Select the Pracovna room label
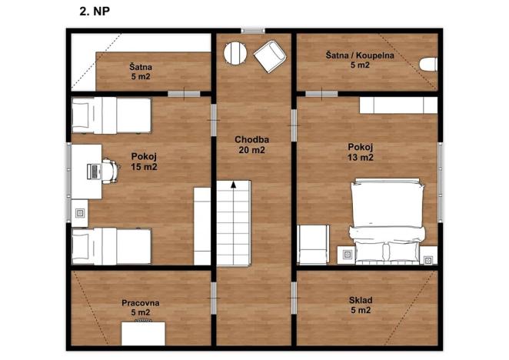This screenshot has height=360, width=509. click(x=141, y=308)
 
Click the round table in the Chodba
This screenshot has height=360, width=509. click(x=235, y=53)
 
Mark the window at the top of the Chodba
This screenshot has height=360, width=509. click(x=253, y=31)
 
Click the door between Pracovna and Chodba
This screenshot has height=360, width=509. click(x=213, y=294)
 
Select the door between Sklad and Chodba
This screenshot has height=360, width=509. click(x=294, y=294)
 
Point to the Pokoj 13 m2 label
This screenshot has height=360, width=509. click(x=361, y=152)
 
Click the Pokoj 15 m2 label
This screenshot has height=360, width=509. click(x=144, y=161)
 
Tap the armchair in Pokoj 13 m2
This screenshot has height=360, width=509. click(x=314, y=244)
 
